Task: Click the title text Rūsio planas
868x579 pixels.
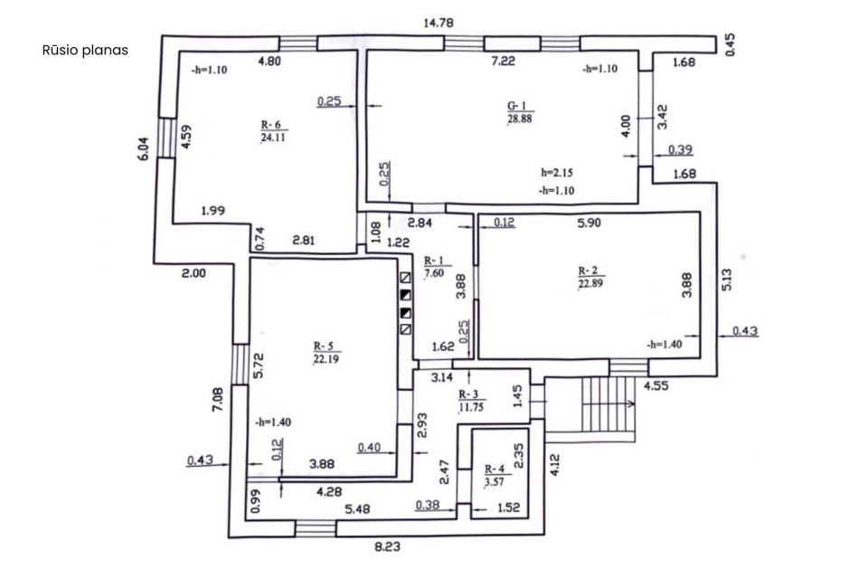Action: point(85,51)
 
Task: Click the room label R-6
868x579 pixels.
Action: point(270,125)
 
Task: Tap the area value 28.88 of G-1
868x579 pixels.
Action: point(519,119)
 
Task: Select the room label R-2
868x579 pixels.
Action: point(588,271)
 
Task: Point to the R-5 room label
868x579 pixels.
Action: point(324,346)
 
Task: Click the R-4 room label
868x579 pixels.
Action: point(495,470)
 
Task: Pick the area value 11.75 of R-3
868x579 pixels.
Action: point(471,407)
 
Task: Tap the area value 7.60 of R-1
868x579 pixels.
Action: point(434,272)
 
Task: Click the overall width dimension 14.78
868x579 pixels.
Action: point(439,23)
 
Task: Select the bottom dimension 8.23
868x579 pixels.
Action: point(387,546)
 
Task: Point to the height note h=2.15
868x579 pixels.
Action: point(557,172)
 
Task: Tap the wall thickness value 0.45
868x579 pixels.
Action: point(731,45)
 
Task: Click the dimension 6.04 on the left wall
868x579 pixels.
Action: point(144,148)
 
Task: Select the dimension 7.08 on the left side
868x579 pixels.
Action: point(218,399)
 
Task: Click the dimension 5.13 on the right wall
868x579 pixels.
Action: point(727,280)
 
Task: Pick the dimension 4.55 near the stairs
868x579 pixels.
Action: point(656,385)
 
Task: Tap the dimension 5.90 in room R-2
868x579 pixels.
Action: point(589,223)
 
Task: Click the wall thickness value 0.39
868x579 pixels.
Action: point(680,149)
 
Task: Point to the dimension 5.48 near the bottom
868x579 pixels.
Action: point(358,508)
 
